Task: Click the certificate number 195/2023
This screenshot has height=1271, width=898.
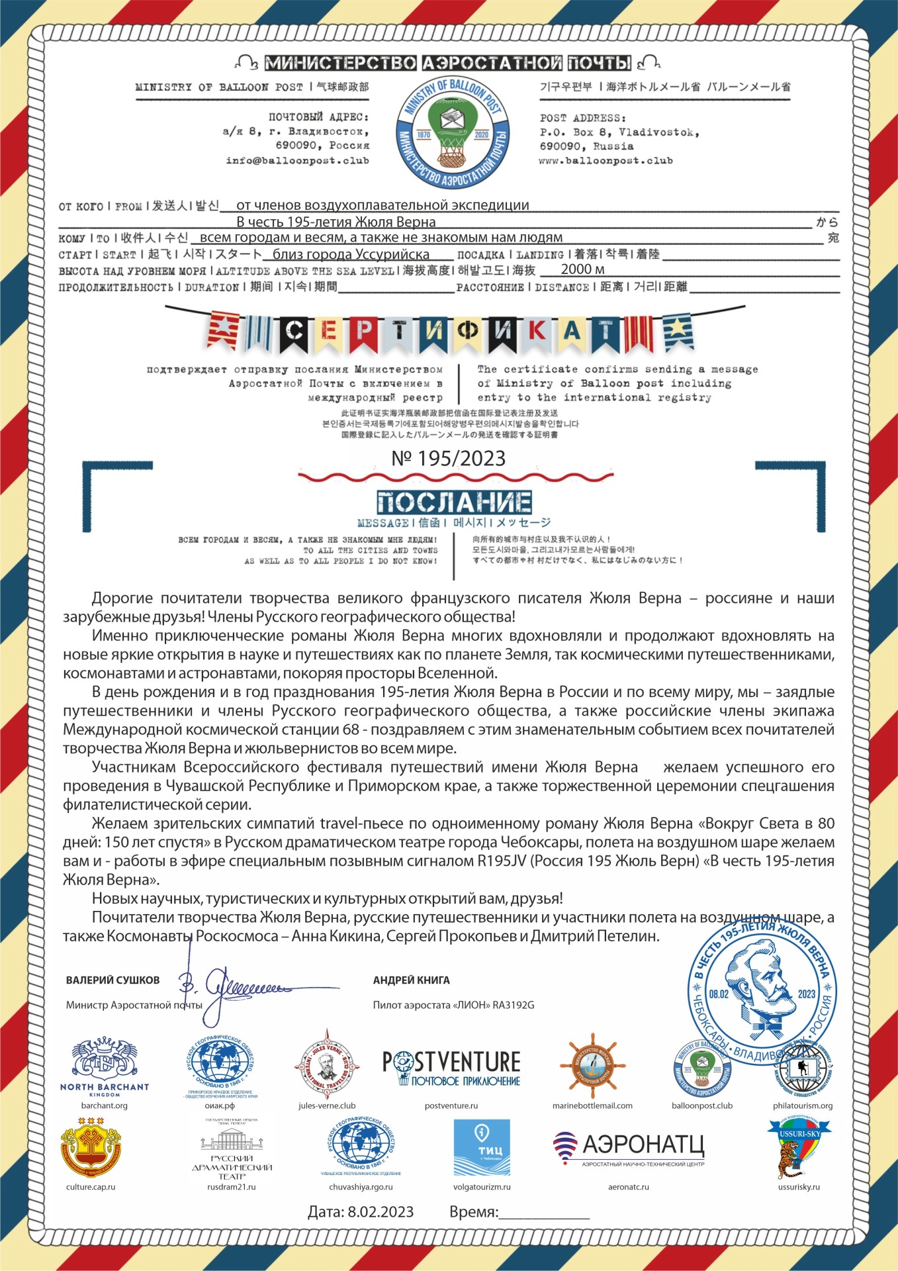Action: click(x=449, y=458)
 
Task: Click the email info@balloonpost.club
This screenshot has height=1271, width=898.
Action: click(x=297, y=160)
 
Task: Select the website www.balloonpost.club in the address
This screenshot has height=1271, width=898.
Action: click(x=606, y=160)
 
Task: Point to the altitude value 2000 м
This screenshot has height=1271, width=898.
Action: click(x=582, y=269)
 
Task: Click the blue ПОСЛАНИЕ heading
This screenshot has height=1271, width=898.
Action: click(x=454, y=502)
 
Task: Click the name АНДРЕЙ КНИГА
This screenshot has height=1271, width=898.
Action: click(x=411, y=980)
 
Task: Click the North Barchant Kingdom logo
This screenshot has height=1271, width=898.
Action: click(x=105, y=1066)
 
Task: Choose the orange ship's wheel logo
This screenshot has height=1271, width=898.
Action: click(x=592, y=1065)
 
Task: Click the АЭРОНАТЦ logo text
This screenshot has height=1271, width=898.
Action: click(x=643, y=1145)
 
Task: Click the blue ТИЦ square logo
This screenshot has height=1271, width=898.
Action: click(x=481, y=1147)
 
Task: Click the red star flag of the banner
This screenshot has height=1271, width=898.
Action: click(x=223, y=330)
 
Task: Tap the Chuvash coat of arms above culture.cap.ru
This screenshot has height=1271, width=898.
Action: click(x=91, y=1149)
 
